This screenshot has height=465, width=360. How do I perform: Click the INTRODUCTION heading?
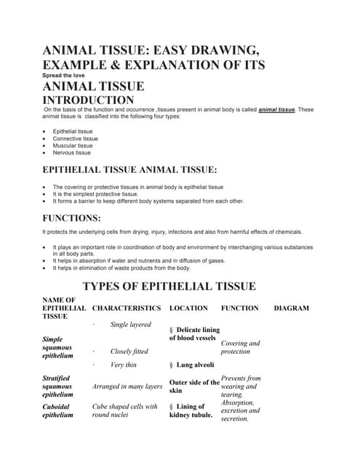coord(89,100)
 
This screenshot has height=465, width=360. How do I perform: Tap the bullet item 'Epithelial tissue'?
coord(73,132)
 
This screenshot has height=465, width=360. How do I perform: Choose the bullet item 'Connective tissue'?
coord(75,139)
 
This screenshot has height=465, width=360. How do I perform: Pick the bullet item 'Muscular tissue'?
coord(73,146)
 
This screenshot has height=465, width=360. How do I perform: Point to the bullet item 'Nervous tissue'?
coord(72,153)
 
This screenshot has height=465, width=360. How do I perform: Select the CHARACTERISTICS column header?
coord(127,308)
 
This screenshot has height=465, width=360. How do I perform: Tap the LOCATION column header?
coord(188,308)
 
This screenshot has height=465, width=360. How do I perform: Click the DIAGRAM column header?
coord(291,308)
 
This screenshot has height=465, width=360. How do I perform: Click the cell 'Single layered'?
coord(130,324)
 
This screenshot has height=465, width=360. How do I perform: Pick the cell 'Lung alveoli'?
coord(193,365)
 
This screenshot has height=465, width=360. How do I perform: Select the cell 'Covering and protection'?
coord(240,347)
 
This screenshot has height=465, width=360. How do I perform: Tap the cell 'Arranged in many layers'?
coord(127,387)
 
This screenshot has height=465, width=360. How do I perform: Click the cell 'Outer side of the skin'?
coord(194,386)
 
